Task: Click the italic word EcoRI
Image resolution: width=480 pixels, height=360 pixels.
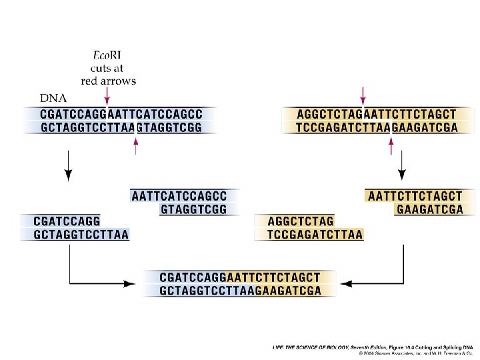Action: coord(107,55)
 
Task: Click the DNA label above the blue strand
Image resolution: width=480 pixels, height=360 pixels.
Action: coord(54,99)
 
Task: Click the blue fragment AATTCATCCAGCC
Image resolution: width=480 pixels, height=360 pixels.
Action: coord(179,196)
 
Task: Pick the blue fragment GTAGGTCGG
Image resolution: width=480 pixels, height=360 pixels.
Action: coord(194,209)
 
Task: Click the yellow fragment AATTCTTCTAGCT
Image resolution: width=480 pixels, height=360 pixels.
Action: coord(415,196)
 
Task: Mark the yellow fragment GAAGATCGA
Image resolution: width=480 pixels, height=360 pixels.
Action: coord(429,209)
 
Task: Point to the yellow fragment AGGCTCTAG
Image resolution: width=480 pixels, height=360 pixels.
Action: coord(301,221)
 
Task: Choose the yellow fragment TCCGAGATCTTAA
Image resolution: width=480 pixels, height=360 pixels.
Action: coord(315,234)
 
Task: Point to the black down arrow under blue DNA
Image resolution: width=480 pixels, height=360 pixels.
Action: coord(67,167)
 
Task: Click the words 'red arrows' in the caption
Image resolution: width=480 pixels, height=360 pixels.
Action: coord(108,81)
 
